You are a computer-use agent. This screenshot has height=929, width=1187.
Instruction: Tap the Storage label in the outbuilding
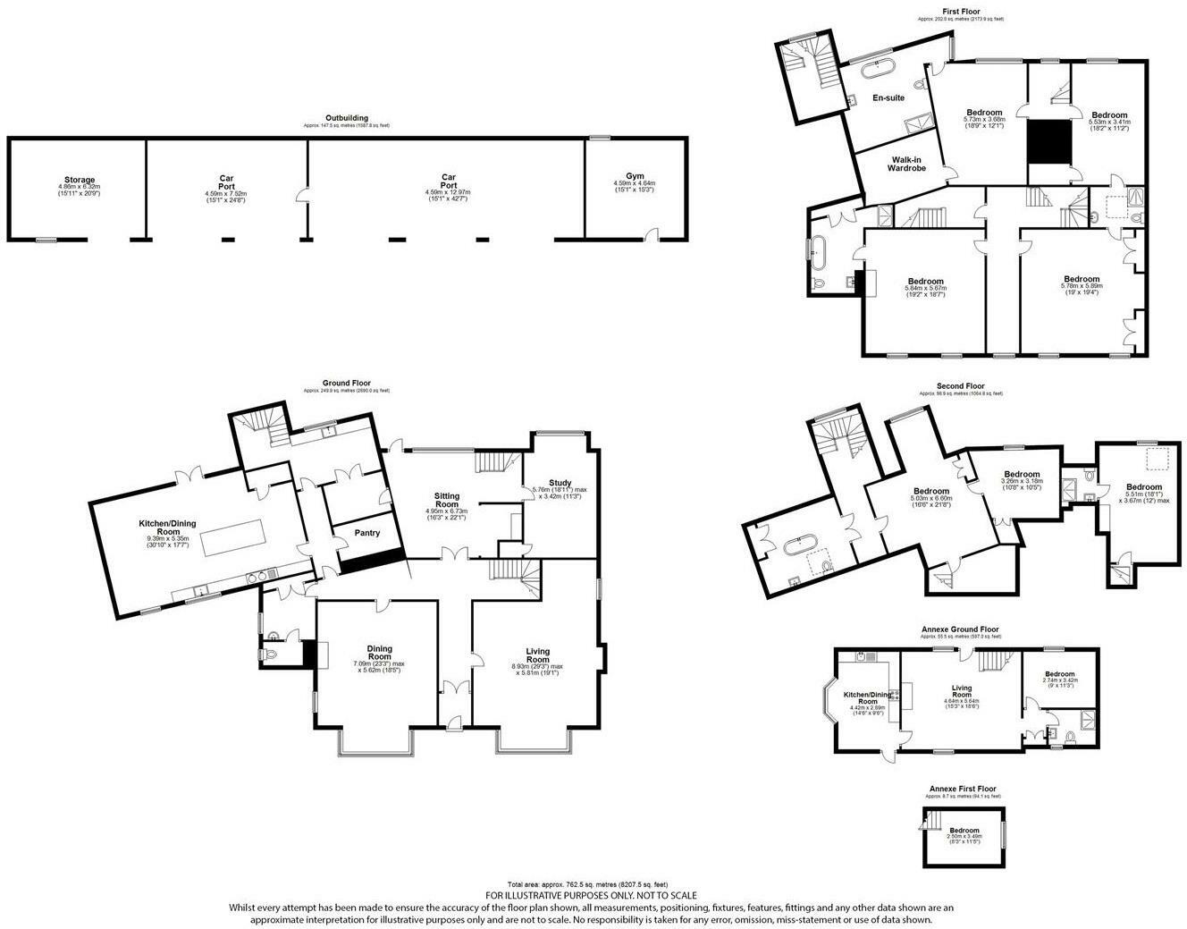tap(79, 180)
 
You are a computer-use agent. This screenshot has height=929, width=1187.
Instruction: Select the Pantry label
tap(366, 533)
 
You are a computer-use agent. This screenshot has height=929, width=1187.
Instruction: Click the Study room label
tap(560, 483)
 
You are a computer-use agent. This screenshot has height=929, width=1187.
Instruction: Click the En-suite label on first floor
tap(888, 97)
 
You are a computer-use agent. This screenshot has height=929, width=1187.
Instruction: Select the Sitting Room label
tap(447, 496)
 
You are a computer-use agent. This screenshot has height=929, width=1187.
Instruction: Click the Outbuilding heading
tap(345, 119)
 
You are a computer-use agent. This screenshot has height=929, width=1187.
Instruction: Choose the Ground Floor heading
tap(347, 383)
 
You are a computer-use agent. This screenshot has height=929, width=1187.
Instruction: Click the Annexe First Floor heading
tap(963, 789)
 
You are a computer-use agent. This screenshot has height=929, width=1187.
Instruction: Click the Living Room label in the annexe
tap(961, 690)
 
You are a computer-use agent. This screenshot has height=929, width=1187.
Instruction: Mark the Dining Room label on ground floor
tap(380, 650)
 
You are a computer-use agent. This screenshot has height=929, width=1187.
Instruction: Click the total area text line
tap(586, 884)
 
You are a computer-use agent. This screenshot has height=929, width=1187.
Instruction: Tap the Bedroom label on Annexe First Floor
tap(964, 831)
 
